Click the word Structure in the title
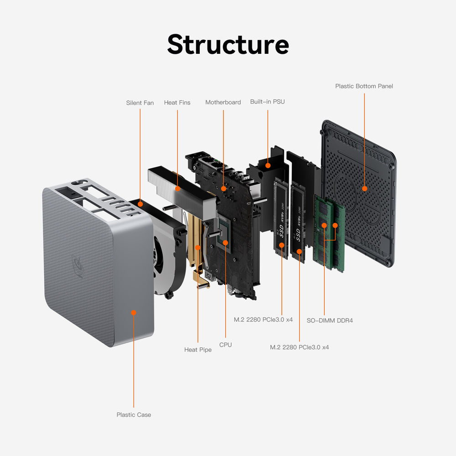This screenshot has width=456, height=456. click(228, 45)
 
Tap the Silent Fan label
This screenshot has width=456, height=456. click(140, 103)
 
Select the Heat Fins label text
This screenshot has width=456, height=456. click(177, 103)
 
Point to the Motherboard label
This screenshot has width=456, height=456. click(223, 102)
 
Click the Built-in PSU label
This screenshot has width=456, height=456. click(267, 101)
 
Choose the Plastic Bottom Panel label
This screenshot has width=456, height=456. click(364, 86)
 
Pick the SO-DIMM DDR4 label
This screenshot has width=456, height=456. click(329, 320)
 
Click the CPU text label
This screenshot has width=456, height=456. click(225, 345)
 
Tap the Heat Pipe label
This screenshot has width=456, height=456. click(198, 349)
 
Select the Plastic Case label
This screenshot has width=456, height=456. click(134, 415)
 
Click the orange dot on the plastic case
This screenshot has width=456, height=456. click(134, 312)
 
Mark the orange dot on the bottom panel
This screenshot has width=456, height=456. click(364, 188)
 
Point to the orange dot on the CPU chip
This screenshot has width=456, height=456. click(225, 243)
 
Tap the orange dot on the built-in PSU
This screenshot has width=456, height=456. click(268, 166)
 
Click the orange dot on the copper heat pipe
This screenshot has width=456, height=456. click(198, 247)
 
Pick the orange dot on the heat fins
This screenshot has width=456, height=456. click(177, 187)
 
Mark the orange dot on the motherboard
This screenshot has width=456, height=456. click(223, 188)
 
